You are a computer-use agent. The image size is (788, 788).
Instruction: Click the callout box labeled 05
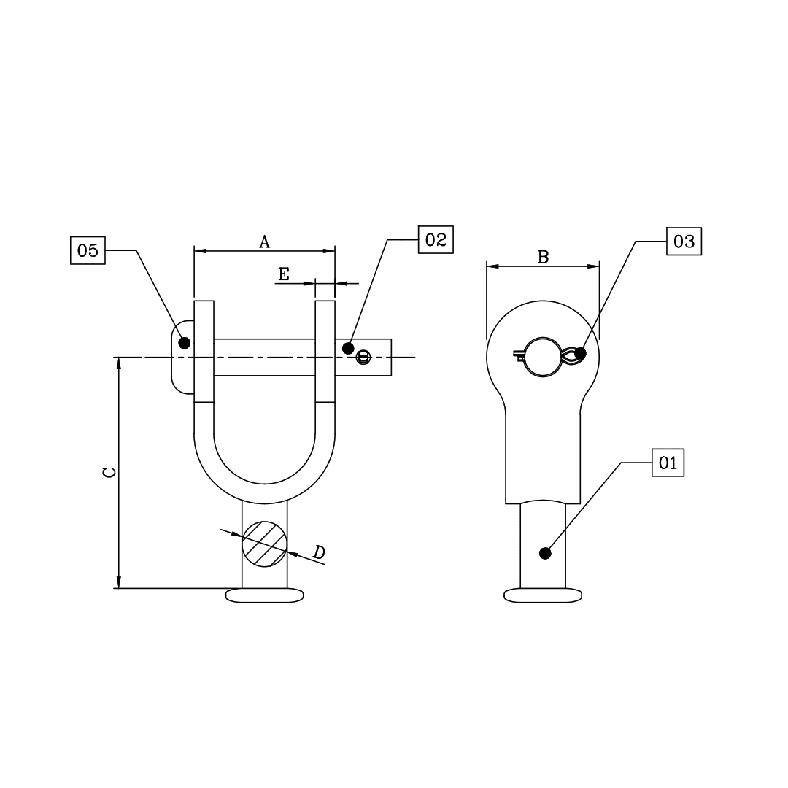pyautogui.click(x=88, y=250)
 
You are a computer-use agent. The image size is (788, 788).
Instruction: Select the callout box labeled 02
pyautogui.click(x=436, y=240)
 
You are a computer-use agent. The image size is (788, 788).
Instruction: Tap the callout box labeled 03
pyautogui.click(x=684, y=242)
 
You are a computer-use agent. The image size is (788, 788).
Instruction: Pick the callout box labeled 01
pyautogui.click(x=668, y=463)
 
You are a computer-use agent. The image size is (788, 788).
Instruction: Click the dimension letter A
pyautogui.click(x=265, y=242)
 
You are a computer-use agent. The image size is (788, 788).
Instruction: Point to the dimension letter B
pyautogui.click(x=543, y=257)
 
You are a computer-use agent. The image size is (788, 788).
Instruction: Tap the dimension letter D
pyautogui.click(x=319, y=552)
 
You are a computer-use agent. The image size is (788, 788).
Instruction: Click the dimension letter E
pyautogui.click(x=284, y=274)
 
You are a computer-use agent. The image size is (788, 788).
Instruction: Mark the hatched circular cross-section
pyautogui.click(x=264, y=544)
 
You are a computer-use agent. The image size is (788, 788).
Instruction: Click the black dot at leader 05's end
pyautogui.click(x=185, y=342)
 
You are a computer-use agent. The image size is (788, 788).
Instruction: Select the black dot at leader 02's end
pyautogui.click(x=348, y=348)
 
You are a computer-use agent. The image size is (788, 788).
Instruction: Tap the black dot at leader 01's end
pyautogui.click(x=544, y=553)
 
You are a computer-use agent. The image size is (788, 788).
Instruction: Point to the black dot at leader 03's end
pyautogui.click(x=580, y=354)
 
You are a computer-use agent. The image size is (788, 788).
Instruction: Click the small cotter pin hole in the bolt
pyautogui.click(x=363, y=358)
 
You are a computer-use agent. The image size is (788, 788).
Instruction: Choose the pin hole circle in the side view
pyautogui.click(x=542, y=357)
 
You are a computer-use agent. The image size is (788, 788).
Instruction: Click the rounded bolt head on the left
pyautogui.click(x=181, y=358)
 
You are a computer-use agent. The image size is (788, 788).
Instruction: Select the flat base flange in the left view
pyautogui.click(x=264, y=595)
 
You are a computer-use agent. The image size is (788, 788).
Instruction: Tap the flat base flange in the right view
pyautogui.click(x=543, y=595)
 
